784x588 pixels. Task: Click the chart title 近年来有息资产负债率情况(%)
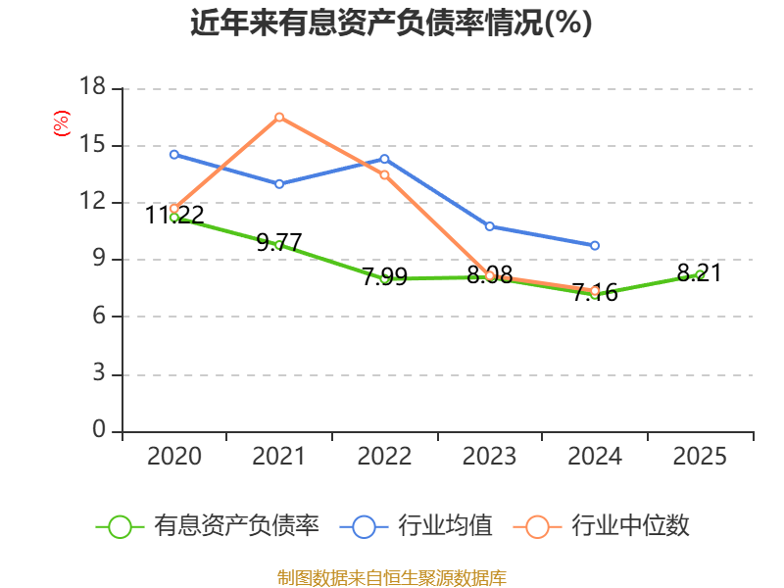[391, 23]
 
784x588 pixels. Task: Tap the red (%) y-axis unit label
[62, 123]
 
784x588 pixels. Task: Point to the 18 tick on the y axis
[92, 86]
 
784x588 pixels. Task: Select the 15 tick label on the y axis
[92, 144]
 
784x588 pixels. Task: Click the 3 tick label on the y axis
[99, 373]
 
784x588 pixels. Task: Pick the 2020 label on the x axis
[174, 456]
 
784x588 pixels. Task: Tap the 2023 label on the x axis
[489, 456]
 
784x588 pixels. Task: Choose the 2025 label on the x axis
[700, 456]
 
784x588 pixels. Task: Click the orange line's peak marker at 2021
[279, 117]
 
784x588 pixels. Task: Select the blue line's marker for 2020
[174, 155]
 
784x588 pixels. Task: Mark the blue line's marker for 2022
[384, 159]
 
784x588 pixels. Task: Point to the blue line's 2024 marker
[595, 246]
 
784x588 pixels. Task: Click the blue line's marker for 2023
[489, 226]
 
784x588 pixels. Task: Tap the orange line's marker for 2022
[384, 175]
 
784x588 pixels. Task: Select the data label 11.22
[174, 216]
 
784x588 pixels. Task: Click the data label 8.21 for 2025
[700, 273]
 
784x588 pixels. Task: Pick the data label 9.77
[279, 242]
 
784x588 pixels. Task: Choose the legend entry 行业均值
[416, 526]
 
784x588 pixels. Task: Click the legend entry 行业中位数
[602, 526]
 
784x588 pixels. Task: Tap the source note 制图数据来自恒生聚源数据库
[392, 578]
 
